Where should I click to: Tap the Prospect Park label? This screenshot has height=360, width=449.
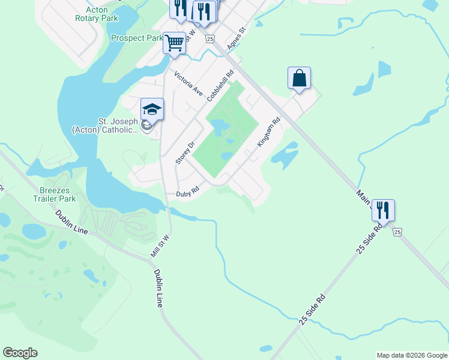pyautogui.click(x=137, y=38)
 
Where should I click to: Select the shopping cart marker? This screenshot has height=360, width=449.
pyautogui.click(x=174, y=43)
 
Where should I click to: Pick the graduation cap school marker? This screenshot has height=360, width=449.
pyautogui.click(x=152, y=110)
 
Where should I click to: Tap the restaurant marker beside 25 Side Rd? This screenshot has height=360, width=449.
pyautogui.click(x=383, y=211)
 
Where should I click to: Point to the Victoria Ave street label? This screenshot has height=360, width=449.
pyautogui.click(x=188, y=83)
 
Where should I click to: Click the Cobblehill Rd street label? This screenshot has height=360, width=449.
pyautogui.click(x=220, y=88)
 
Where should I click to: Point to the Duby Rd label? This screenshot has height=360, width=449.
pyautogui.click(x=187, y=193)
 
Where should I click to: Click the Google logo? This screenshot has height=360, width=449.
pyautogui.click(x=20, y=353)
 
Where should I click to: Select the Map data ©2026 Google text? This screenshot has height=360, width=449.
pyautogui.click(x=412, y=355)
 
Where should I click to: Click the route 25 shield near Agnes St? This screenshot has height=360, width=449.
pyautogui.click(x=209, y=39)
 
